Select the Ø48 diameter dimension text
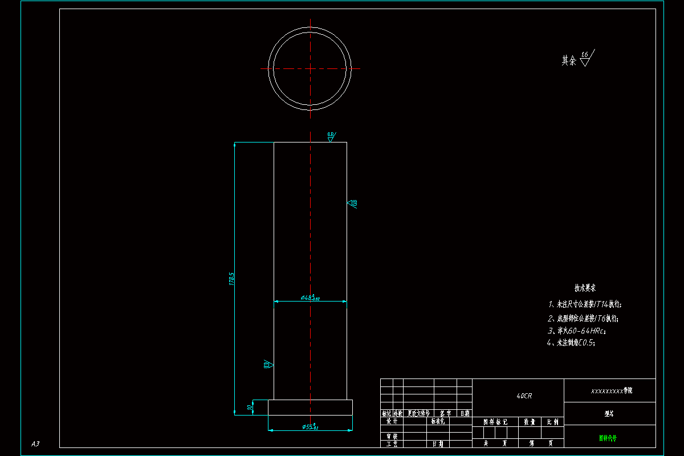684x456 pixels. tap(310, 298)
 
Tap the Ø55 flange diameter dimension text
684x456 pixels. tap(310, 427)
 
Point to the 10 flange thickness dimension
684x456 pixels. tap(249, 408)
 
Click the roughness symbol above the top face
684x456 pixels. tap(331, 137)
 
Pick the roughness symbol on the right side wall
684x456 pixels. tap(352, 203)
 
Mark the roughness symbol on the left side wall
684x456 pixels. tap(268, 364)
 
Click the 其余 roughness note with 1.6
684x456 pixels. tap(577, 59)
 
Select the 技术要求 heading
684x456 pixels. tap(585, 289)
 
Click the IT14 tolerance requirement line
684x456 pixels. tap(584, 304)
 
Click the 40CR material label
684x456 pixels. tap(524, 396)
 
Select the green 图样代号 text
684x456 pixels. tap(608, 438)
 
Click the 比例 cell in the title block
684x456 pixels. tap(552, 422)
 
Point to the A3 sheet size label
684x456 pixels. tap(35, 443)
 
